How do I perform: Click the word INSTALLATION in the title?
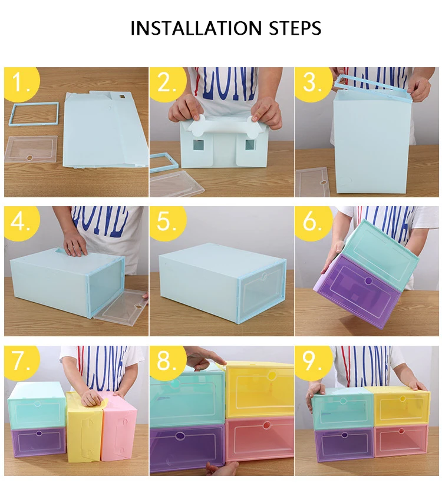[196, 28]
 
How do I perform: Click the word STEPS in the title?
[295, 28]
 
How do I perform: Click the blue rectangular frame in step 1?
[35, 104]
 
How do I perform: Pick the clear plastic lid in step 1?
[31, 149]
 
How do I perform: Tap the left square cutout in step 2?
[198, 145]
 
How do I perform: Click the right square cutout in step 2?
[250, 145]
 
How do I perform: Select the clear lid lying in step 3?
[311, 182]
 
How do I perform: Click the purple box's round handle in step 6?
[368, 280]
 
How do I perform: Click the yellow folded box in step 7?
[85, 427]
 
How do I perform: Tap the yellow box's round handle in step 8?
[272, 375]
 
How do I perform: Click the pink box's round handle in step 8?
[266, 426]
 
